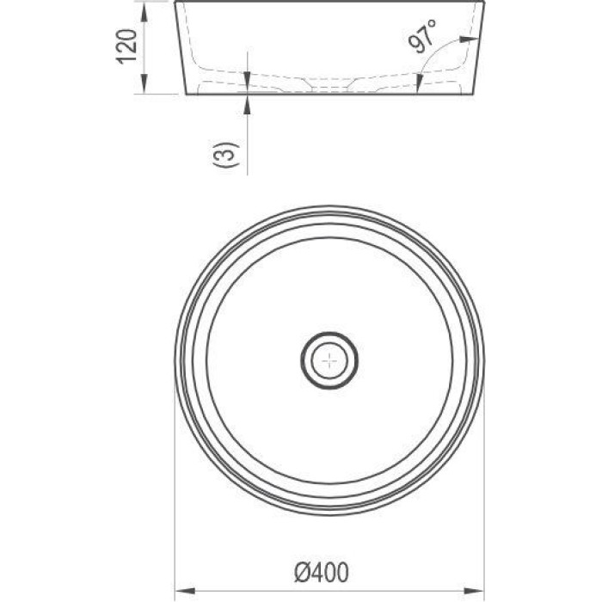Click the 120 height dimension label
126,46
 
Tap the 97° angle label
422,35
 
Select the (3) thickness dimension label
226,155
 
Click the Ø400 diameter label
322,572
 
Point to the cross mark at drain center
329,360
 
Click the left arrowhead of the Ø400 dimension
185,590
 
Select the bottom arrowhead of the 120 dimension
144,84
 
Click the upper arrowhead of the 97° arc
470,39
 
